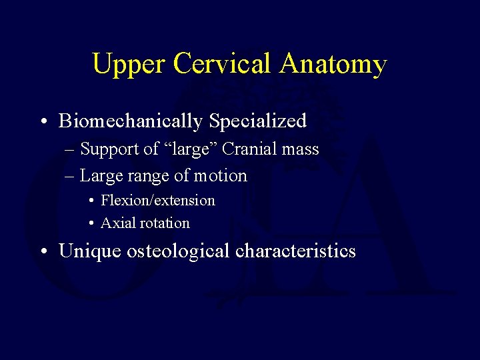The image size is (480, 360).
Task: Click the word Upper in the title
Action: point(129,65)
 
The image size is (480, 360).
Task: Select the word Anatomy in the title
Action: point(334,65)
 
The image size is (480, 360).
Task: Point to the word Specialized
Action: point(258,121)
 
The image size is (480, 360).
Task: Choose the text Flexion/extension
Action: point(158,201)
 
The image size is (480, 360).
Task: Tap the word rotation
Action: point(164,223)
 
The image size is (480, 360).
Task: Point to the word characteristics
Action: point(296,251)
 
